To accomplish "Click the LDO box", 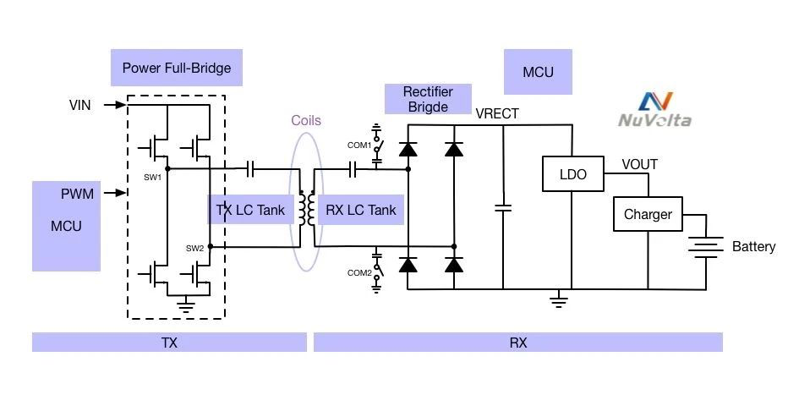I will pyautogui.click(x=572, y=175).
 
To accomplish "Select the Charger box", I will pyautogui.click(x=648, y=214).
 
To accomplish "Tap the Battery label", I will pyautogui.click(x=753, y=247).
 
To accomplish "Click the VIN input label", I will pyautogui.click(x=80, y=105).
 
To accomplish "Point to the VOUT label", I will pyautogui.click(x=639, y=164).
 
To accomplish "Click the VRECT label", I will pyautogui.click(x=497, y=113).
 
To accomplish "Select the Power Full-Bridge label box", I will pyautogui.click(x=177, y=68).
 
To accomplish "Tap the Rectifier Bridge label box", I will pyautogui.click(x=428, y=99).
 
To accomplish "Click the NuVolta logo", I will pyautogui.click(x=654, y=110).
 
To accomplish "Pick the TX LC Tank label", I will pyautogui.click(x=250, y=210).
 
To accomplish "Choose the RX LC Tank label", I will pyautogui.click(x=360, y=210).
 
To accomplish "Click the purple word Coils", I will pyautogui.click(x=306, y=121).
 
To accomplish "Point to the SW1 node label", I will pyautogui.click(x=152, y=178).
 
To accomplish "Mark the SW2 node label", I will pyautogui.click(x=194, y=248).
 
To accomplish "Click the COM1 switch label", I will pyautogui.click(x=359, y=145).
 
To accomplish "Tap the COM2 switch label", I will pyautogui.click(x=359, y=272).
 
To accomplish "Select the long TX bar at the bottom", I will pyautogui.click(x=169, y=343).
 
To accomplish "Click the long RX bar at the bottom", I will pyautogui.click(x=518, y=343).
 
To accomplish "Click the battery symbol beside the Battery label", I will pyautogui.click(x=705, y=246).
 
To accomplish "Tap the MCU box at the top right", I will pyautogui.click(x=538, y=72).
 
